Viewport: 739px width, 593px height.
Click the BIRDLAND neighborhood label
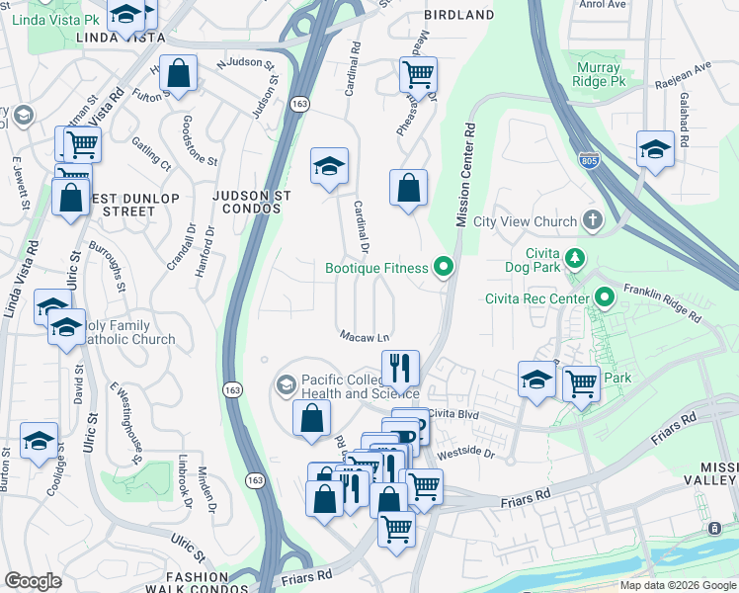458,15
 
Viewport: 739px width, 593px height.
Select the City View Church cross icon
593,219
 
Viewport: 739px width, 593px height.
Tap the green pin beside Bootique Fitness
444,267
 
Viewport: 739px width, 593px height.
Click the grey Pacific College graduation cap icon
287,383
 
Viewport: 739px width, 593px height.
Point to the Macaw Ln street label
366,336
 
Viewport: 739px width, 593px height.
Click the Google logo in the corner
33,581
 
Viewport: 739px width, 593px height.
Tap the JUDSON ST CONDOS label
252,203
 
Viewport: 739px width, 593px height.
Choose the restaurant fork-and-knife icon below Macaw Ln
401,367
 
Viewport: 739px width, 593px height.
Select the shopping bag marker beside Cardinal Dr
408,188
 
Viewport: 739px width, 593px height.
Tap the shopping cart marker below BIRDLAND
418,73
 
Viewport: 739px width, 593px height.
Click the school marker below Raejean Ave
655,148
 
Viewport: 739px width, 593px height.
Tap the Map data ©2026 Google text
678,585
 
